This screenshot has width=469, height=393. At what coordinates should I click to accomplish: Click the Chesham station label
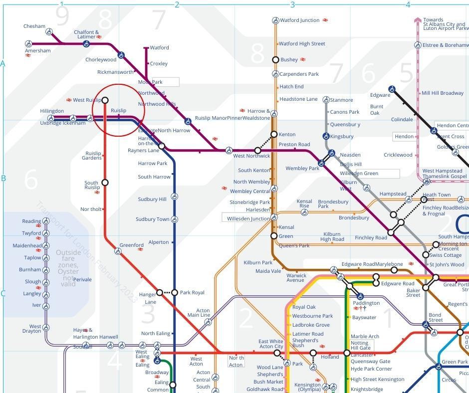(34, 26)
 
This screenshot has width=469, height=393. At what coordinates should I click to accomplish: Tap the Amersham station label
(38, 51)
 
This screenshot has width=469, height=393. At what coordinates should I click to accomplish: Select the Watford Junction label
(299, 20)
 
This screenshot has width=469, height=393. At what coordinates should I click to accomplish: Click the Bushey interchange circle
(275, 60)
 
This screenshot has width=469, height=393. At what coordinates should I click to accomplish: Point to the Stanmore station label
(341, 100)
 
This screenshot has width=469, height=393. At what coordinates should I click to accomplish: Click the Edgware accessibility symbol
(392, 89)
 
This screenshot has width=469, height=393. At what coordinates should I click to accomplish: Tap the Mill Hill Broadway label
(443, 93)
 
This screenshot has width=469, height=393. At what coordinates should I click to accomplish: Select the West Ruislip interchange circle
(105, 100)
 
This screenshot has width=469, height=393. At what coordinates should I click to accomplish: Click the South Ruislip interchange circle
(105, 183)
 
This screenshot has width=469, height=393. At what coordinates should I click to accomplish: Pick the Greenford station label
(132, 245)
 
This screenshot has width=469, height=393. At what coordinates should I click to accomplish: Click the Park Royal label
(192, 293)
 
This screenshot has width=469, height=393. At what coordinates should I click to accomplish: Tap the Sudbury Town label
(152, 219)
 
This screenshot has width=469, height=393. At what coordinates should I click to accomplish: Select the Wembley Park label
(302, 169)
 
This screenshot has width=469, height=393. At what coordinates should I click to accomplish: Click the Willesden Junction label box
(248, 218)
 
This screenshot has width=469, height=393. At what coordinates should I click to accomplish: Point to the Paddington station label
(366, 303)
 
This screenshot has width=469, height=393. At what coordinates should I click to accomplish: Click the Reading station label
(31, 221)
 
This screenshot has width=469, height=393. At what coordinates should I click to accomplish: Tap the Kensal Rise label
(304, 203)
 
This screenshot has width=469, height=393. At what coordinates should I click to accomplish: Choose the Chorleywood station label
(101, 60)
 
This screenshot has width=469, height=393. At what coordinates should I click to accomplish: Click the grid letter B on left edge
(3, 178)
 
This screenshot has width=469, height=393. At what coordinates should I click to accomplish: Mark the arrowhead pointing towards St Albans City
(418, 20)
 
